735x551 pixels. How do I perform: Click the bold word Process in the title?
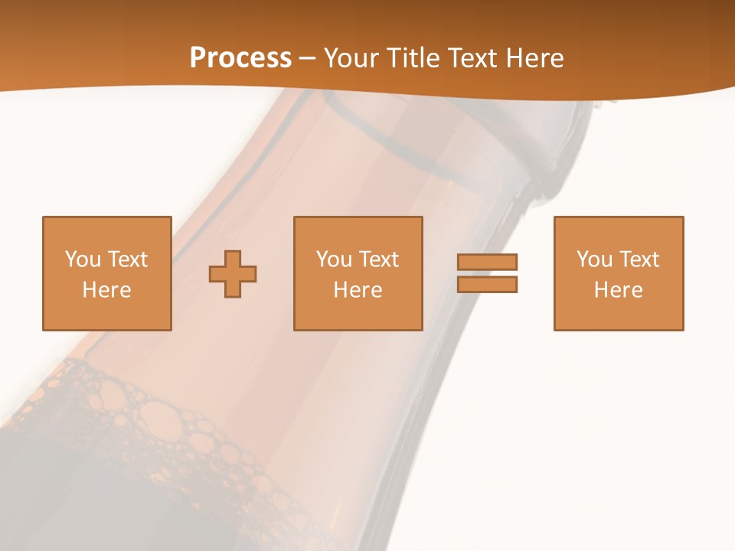(240, 58)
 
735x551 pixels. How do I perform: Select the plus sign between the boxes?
(233, 274)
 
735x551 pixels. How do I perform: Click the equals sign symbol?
(487, 273)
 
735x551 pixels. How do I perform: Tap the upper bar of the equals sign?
(487, 262)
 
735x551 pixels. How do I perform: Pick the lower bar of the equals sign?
(487, 285)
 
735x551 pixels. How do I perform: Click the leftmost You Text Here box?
(107, 273)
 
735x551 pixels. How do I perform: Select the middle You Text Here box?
(358, 273)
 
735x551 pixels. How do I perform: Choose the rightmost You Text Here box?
(619, 273)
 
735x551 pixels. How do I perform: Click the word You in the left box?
(83, 259)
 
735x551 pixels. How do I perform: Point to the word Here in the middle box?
(358, 290)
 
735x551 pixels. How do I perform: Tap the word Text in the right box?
(639, 259)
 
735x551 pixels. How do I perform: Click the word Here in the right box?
(619, 290)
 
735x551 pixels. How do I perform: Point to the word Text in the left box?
(127, 259)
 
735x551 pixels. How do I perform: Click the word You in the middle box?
(334, 259)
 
